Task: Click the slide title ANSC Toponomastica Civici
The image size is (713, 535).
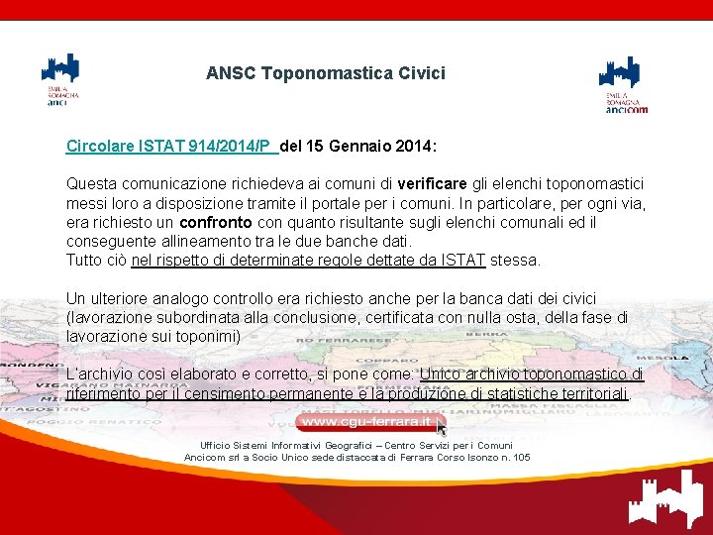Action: tap(326, 73)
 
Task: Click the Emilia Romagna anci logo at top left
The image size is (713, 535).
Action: tap(60, 79)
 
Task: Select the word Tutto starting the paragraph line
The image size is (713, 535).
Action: tap(85, 261)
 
